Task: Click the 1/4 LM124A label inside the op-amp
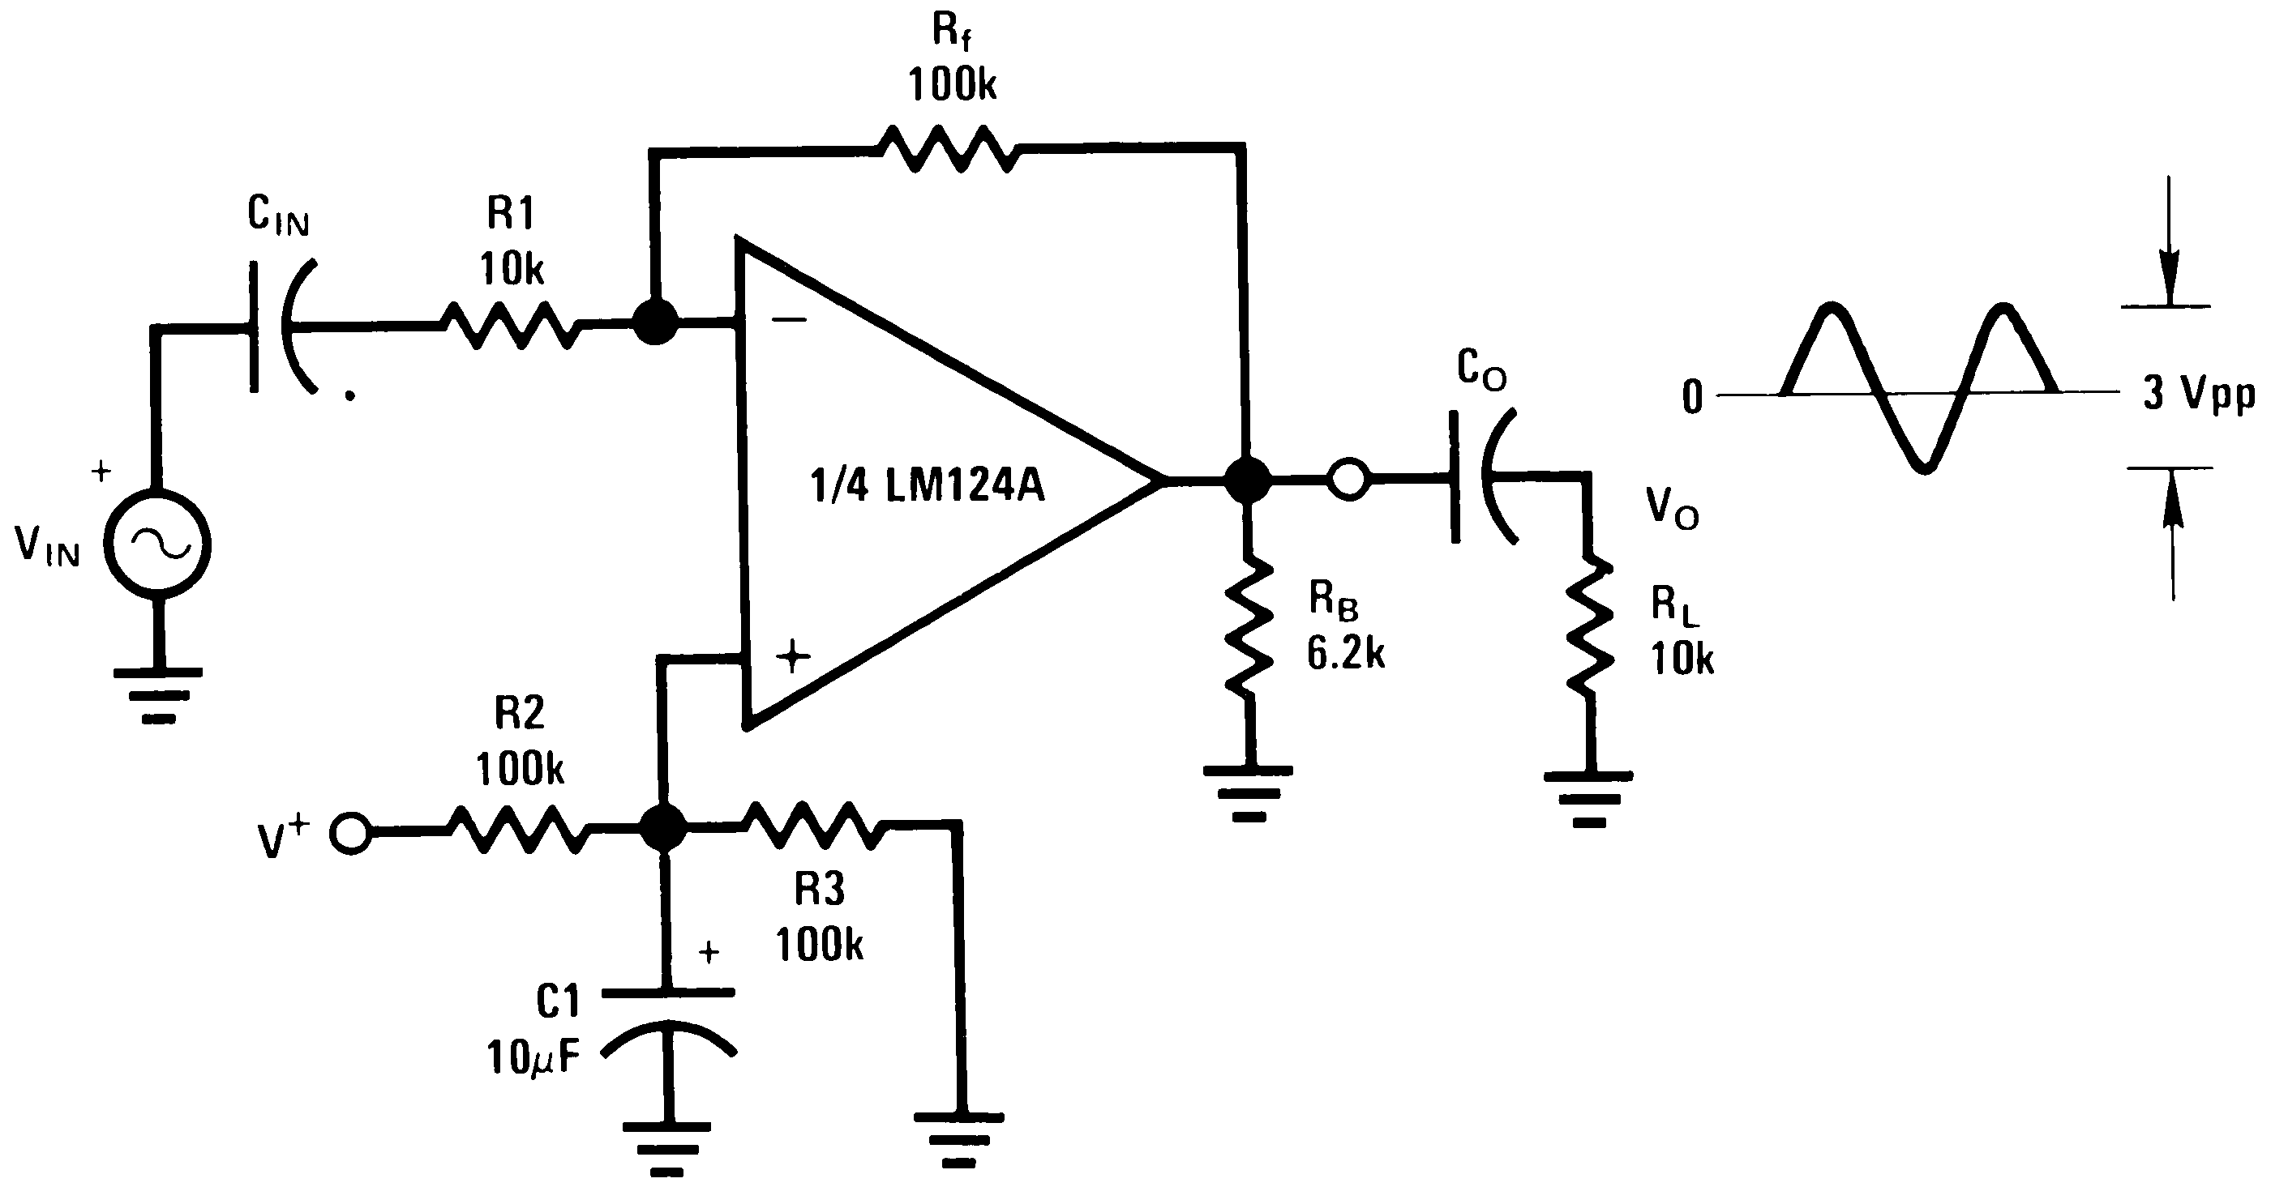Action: [x=927, y=485]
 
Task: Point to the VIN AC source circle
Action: [x=158, y=545]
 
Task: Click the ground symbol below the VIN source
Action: [x=158, y=694]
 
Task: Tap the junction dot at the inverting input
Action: [x=656, y=322]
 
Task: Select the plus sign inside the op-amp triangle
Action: [x=793, y=656]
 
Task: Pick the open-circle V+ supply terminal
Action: [x=351, y=834]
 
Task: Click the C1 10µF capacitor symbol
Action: [x=668, y=1023]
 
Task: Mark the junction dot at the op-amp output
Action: [x=1248, y=480]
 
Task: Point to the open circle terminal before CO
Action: [x=1349, y=480]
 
